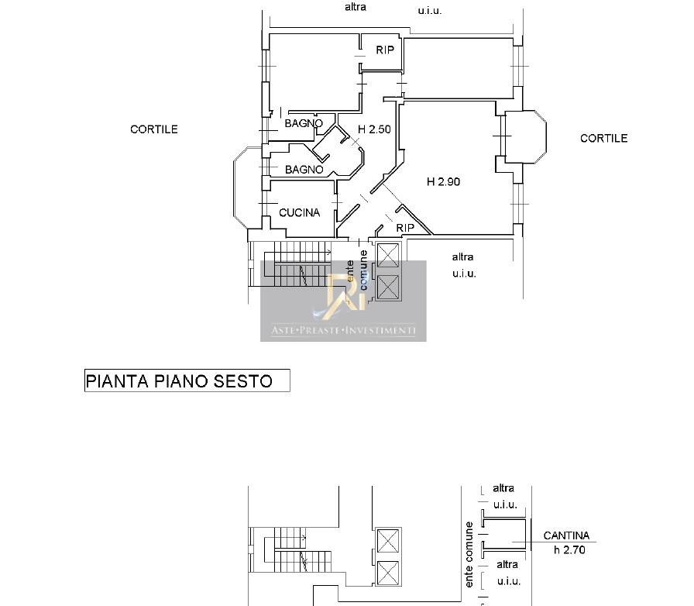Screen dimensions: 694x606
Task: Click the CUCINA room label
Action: (299, 212)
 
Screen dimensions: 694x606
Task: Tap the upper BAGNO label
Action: (304, 123)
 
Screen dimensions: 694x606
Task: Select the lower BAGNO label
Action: (304, 169)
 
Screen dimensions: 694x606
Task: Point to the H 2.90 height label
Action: (444, 181)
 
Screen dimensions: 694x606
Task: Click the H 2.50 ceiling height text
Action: (374, 129)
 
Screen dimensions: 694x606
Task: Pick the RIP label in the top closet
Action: (385, 50)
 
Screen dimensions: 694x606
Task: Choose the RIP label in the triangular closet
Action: (405, 228)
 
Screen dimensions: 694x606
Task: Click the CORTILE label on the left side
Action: (154, 129)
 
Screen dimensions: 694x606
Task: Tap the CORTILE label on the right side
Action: (603, 138)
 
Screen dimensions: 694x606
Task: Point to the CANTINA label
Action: (566, 535)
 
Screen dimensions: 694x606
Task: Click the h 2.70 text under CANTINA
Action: (569, 549)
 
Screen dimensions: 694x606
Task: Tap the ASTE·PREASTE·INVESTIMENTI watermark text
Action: (343, 330)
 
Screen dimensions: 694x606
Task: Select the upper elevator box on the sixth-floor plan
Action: (388, 256)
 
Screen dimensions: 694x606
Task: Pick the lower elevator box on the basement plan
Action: (388, 573)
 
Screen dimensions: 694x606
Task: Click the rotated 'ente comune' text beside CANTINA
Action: (469, 555)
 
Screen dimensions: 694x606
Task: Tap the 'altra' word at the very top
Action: (356, 7)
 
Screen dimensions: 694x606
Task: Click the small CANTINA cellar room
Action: (504, 534)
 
